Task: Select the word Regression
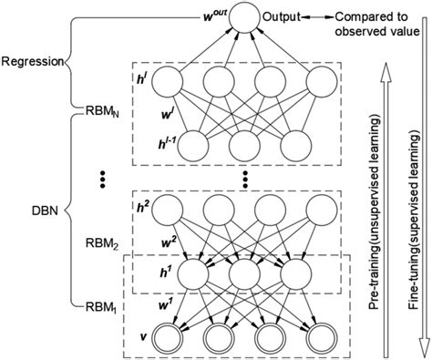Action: click(x=32, y=63)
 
